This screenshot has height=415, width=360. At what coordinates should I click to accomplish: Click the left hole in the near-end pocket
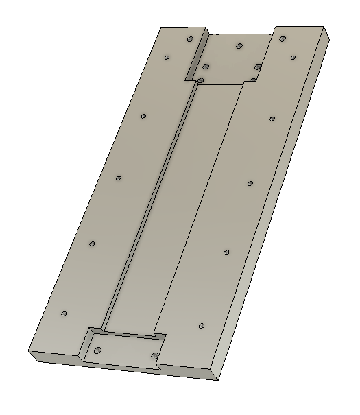coord(97,351)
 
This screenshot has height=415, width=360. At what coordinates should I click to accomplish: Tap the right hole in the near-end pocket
coord(155,355)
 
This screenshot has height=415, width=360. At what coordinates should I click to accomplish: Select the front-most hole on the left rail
coord(64,314)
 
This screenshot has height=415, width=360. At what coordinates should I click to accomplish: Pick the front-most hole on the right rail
coord(202,325)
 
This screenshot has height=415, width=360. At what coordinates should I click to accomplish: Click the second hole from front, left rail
coord(92,244)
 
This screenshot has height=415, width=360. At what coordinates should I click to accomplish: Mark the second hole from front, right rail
coord(226,252)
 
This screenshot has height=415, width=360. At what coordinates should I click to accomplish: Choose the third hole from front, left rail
coord(119,178)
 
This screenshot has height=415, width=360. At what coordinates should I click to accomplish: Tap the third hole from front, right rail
coord(250,183)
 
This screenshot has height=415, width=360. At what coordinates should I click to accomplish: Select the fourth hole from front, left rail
coord(143,116)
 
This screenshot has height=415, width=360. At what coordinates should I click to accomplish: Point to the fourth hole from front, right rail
coord(272,119)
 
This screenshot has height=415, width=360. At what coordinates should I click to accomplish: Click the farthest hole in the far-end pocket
coord(239,46)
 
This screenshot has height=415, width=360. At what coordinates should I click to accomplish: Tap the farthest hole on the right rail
coord(282,39)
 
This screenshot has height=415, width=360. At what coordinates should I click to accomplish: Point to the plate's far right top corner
coord(323,27)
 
